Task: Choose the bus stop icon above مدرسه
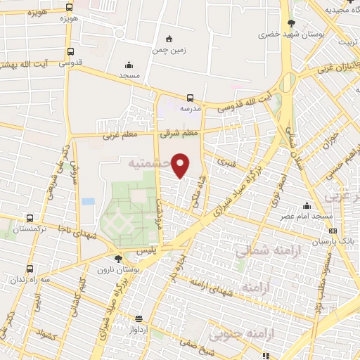tap(190, 98)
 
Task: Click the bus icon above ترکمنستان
tap(29, 218)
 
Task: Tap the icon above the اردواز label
tap(138, 319)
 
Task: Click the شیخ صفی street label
tap(227, 345)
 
